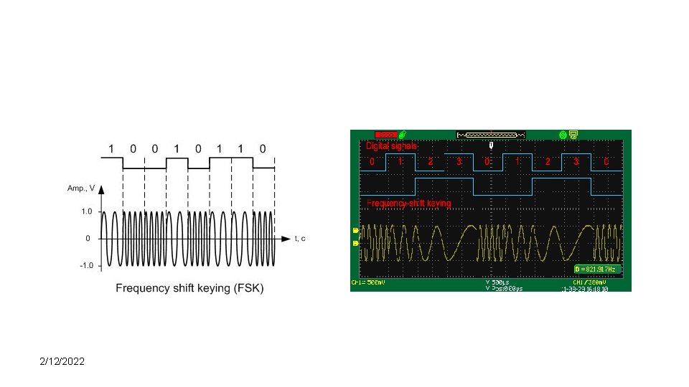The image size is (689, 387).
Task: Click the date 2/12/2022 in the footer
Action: point(62,362)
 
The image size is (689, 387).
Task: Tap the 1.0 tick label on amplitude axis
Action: point(86,211)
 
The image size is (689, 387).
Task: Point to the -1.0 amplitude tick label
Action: point(85,265)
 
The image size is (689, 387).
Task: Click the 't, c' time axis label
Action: point(299,238)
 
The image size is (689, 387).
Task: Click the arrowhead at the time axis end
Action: point(287,238)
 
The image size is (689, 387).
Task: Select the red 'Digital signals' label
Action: point(392,145)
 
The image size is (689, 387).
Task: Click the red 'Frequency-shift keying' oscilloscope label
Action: point(409,204)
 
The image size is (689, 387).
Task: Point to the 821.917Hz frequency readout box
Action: point(596,269)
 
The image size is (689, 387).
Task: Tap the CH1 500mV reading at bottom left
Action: point(367,282)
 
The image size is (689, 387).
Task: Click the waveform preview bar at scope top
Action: point(491,134)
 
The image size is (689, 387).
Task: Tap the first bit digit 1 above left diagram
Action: point(111,148)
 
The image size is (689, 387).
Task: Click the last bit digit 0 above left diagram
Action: point(263,148)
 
